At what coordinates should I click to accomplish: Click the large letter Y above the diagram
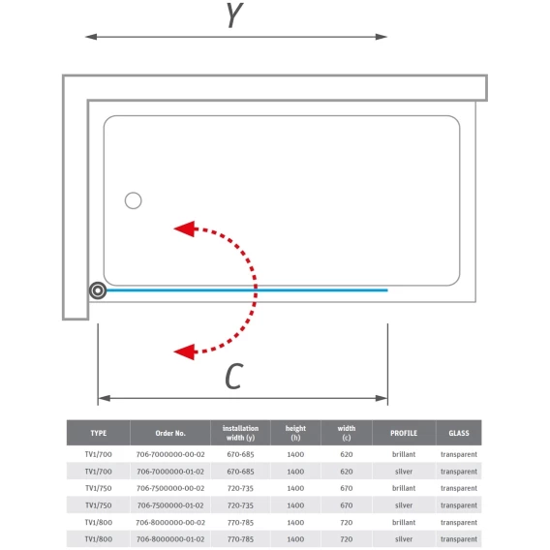pos(234,15)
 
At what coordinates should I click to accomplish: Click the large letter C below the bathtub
pos(234,376)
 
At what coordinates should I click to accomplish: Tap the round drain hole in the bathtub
pos(134,200)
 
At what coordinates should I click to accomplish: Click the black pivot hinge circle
pos(98,290)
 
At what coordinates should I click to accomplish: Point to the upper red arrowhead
pos(185,229)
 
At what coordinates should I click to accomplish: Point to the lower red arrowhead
pos(185,351)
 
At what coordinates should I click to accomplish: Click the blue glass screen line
pos(247,290)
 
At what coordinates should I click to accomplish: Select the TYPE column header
pos(98,433)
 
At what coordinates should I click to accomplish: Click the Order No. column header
pos(170,433)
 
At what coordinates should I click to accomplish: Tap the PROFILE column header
pos(404,433)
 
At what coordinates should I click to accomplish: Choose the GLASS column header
pos(458,433)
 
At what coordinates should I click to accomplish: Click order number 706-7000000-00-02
pos(170,454)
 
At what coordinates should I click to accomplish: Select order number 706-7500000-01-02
pos(170,505)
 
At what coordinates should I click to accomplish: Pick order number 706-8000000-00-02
pos(170,522)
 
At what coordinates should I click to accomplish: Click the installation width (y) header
pos(240,433)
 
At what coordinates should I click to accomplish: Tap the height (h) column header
pos(295,433)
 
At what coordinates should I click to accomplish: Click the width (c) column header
pos(347,433)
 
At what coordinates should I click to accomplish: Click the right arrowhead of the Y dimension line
pos(382,37)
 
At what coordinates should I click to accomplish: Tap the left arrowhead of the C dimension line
pos(105,398)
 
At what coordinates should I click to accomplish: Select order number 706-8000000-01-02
pos(170,539)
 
